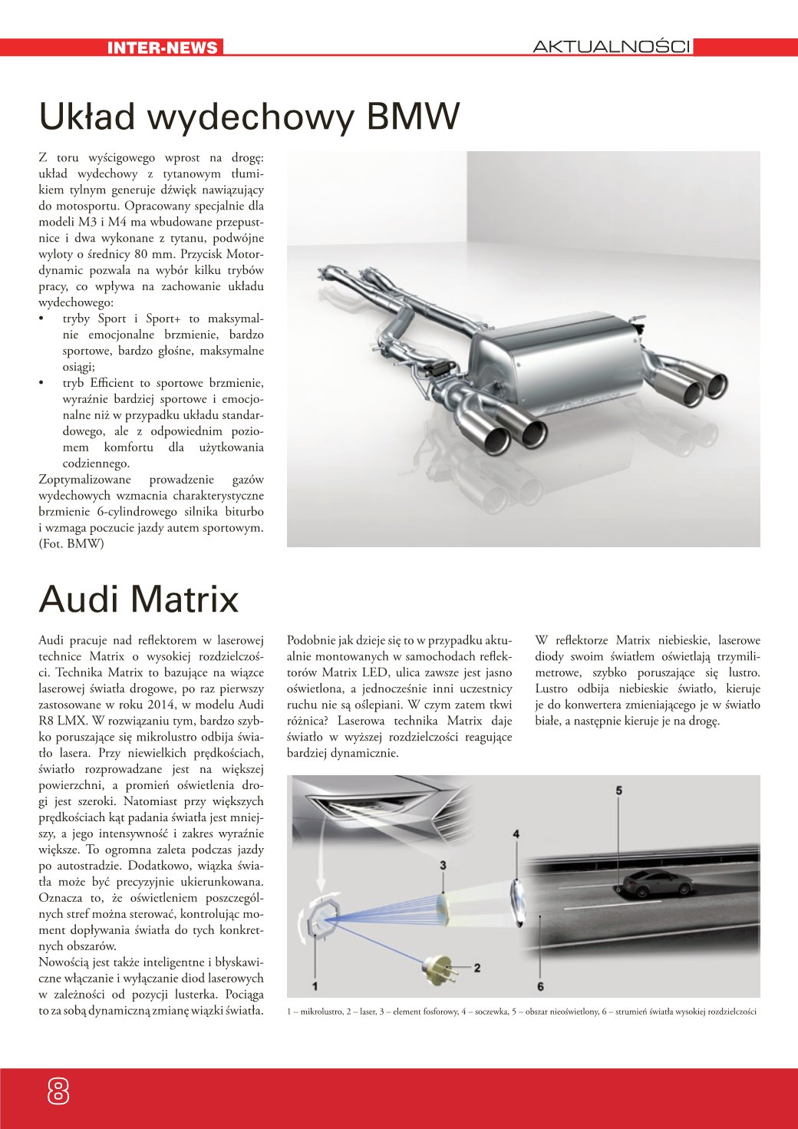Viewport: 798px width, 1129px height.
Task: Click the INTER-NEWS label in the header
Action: [x=163, y=48]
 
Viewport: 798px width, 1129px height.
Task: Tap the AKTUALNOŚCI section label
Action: [x=612, y=47]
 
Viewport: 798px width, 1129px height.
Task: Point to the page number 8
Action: [x=58, y=1090]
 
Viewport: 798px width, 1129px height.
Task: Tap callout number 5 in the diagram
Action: [x=618, y=791]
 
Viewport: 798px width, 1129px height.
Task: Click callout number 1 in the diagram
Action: [x=315, y=985]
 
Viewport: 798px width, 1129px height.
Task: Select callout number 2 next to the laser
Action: [x=477, y=968]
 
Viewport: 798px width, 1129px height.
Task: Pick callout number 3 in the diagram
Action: [x=444, y=866]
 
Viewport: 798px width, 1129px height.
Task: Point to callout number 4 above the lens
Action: [x=516, y=834]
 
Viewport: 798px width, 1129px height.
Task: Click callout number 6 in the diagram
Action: [x=540, y=986]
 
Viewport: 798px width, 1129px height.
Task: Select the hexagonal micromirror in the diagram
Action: [x=318, y=917]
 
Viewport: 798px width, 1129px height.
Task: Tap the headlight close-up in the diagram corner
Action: [x=361, y=806]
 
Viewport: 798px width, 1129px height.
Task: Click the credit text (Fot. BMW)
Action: [x=71, y=544]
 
